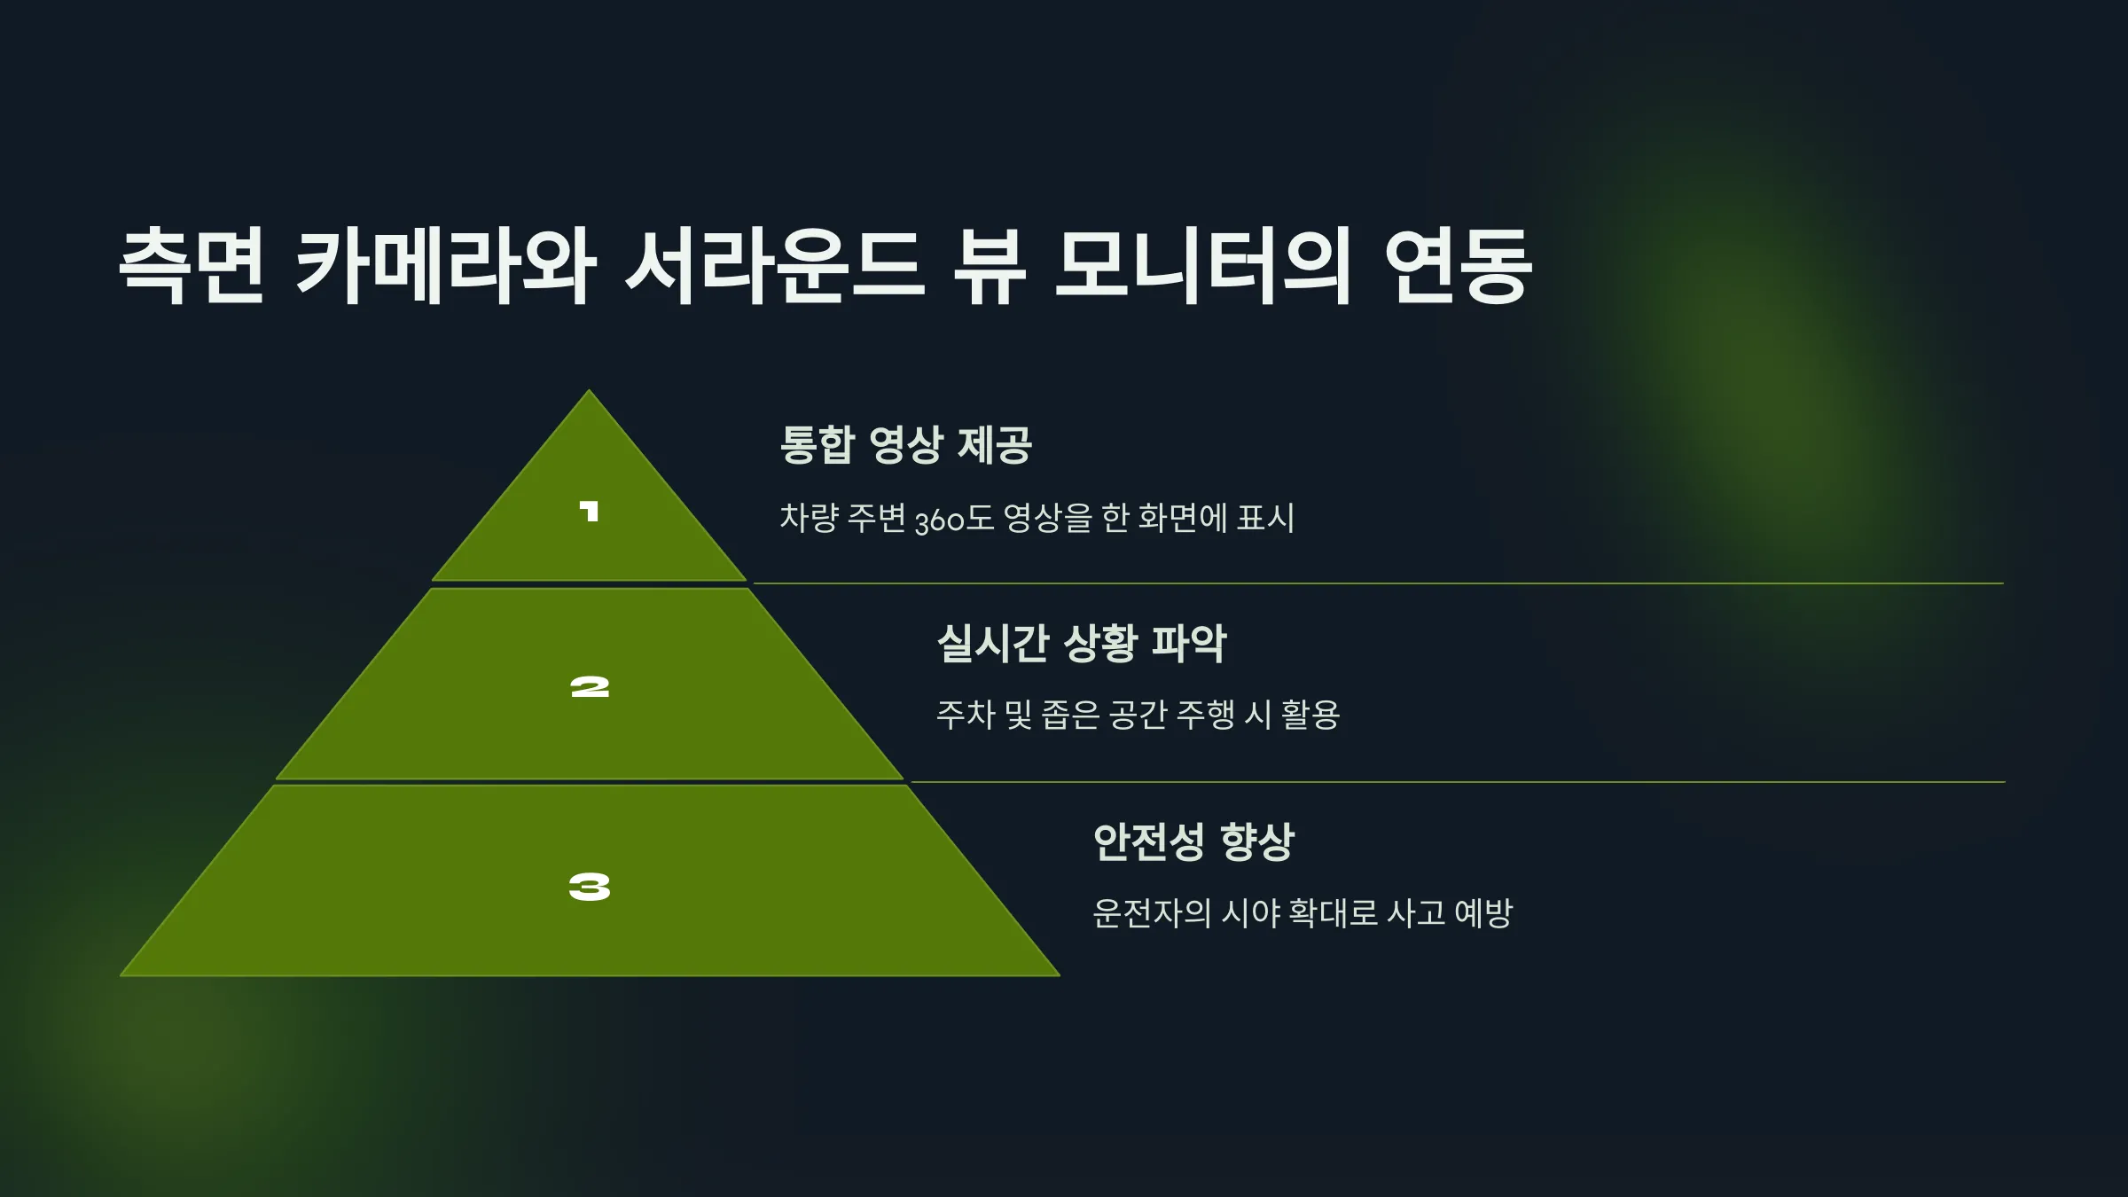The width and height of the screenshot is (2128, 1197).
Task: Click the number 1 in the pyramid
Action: coord(590,512)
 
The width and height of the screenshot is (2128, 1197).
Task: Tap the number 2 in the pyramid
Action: coord(590,687)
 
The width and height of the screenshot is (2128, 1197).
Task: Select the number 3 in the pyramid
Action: coord(590,886)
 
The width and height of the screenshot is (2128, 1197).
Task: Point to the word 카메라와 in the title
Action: coord(446,265)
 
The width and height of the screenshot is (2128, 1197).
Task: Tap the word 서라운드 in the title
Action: coord(776,265)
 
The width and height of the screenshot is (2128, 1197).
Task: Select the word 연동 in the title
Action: coord(1458,265)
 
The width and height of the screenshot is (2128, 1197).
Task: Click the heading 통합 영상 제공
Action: coord(905,444)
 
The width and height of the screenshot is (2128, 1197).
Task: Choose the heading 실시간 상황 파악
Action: coord(1082,643)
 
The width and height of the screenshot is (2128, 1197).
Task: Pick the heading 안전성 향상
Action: coord(1193,841)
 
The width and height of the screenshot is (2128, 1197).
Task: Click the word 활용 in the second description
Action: coord(1310,715)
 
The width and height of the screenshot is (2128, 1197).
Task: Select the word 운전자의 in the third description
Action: coord(1152,912)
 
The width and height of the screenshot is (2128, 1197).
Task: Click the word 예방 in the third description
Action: coord(1483,912)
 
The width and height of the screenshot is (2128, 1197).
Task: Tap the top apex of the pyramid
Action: coord(590,391)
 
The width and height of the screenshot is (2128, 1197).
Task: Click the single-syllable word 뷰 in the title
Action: coord(990,265)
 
